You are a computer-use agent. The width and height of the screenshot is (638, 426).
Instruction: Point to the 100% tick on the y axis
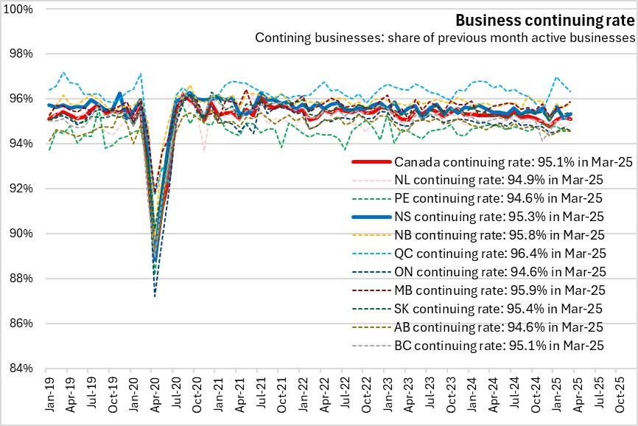(21, 9)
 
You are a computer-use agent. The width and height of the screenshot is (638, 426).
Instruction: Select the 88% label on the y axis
(22, 279)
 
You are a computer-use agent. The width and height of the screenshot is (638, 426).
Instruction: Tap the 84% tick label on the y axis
(22, 369)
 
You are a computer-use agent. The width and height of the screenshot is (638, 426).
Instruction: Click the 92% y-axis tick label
(22, 189)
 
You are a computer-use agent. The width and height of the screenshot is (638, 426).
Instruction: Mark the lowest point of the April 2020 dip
(154, 296)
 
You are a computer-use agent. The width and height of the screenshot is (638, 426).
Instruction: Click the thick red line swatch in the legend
(369, 162)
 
